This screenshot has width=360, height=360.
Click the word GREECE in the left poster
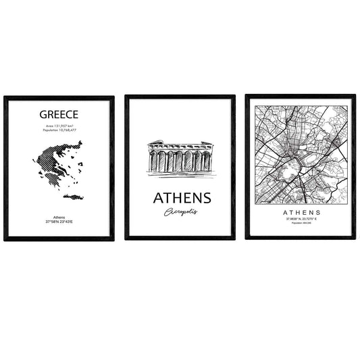tap(59, 115)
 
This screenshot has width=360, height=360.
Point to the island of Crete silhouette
tap(73, 197)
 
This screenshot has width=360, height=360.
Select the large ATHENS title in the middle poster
tap(182, 198)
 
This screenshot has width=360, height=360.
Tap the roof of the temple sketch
tap(180, 145)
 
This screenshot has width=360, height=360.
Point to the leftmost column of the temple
tap(153, 161)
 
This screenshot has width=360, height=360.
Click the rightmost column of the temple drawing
tap(207, 161)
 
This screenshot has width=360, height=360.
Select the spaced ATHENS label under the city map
tap(299, 212)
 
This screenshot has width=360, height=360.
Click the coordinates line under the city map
tap(299, 220)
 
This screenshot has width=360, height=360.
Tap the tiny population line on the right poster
tap(299, 224)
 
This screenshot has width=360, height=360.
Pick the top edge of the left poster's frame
tap(59, 97)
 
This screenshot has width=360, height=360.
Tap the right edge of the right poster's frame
tap(354, 167)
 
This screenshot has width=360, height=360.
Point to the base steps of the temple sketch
tap(180, 174)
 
